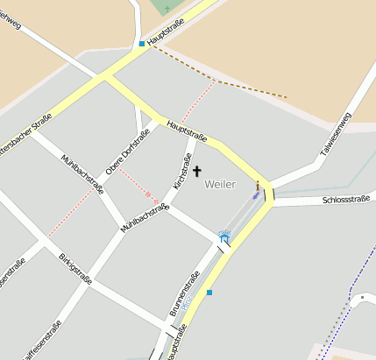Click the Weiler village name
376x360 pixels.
pyautogui.click(x=220, y=185)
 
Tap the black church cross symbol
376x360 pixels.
pyautogui.click(x=196, y=172)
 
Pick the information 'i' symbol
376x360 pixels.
pyautogui.click(x=258, y=186)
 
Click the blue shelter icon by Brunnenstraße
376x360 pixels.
pyautogui.click(x=224, y=237)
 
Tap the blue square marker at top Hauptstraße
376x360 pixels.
pyautogui.click(x=141, y=43)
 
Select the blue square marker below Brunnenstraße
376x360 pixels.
pyautogui.click(x=209, y=293)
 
